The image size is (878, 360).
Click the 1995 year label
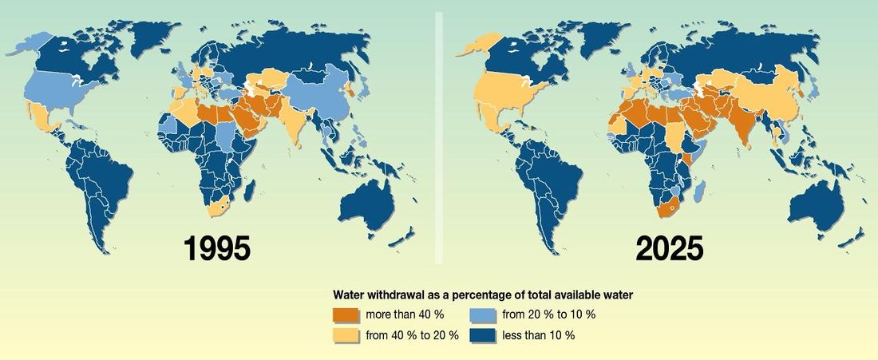click(x=217, y=248)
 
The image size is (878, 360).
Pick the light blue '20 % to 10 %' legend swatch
click(x=483, y=314)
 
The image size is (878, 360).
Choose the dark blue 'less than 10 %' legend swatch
click(x=483, y=334)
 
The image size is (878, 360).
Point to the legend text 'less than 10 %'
click(x=538, y=335)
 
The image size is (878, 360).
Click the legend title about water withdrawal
click(x=483, y=295)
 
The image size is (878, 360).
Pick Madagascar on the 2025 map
click(x=702, y=190)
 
